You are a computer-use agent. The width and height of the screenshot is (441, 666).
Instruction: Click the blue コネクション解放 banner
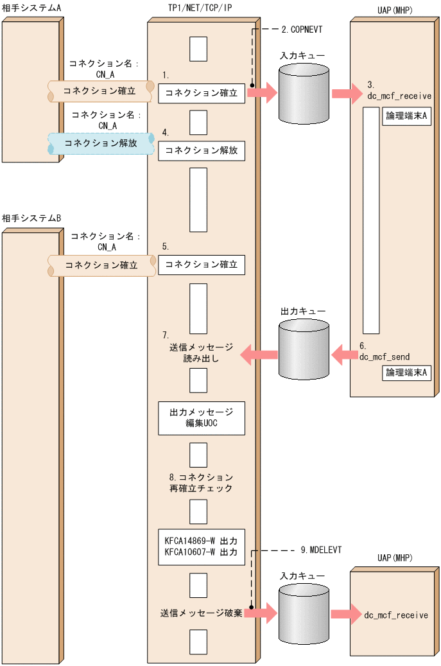(101, 143)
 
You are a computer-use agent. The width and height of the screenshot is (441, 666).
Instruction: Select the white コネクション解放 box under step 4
(202, 151)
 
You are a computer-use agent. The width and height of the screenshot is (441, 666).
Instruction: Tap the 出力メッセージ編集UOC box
(202, 418)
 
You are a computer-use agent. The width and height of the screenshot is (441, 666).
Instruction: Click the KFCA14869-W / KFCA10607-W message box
(202, 547)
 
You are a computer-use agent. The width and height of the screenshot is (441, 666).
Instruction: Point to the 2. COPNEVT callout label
(302, 30)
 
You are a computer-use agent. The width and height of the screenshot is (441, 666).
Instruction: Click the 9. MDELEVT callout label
(322, 550)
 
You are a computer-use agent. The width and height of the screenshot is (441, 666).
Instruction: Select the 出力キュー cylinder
(304, 349)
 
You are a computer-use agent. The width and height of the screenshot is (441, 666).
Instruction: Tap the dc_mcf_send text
(385, 357)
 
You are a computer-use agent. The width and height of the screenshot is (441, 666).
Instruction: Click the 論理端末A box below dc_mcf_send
(406, 372)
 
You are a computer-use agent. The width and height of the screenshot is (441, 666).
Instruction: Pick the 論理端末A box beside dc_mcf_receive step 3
(406, 116)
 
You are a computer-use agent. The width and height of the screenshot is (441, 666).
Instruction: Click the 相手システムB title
(31, 218)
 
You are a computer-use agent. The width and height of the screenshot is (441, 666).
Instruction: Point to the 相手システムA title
(31, 8)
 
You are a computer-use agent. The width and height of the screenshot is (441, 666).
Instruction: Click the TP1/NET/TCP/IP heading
(200, 8)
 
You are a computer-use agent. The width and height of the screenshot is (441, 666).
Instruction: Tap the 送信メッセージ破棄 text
(201, 613)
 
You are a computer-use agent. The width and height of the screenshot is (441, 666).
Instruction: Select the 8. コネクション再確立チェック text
(201, 483)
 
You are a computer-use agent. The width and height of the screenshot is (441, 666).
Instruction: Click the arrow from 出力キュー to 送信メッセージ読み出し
(259, 355)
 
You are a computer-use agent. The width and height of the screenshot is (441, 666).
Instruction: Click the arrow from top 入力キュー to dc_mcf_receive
(347, 93)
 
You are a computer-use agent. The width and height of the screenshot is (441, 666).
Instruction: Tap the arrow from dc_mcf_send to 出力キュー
(344, 355)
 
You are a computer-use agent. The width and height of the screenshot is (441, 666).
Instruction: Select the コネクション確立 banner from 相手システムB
(101, 265)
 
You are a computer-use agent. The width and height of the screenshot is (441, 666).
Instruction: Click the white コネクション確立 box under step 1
(202, 93)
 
